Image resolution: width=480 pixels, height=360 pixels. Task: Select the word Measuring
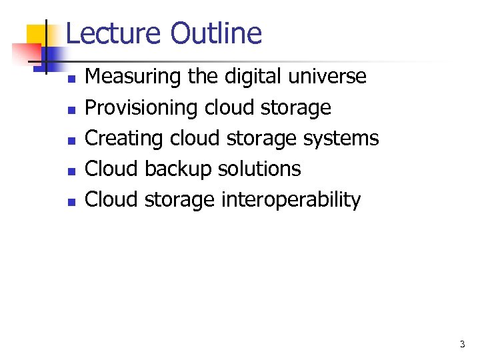click(133, 77)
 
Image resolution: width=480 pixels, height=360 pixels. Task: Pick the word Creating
click(125, 139)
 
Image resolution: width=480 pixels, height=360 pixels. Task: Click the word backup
click(173, 169)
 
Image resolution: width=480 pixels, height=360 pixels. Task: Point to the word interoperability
click(290, 200)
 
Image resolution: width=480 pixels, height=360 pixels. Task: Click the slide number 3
click(462, 345)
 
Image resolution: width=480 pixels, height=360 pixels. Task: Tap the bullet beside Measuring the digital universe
click(71, 79)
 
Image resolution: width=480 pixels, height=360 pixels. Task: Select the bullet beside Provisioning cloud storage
click(71, 109)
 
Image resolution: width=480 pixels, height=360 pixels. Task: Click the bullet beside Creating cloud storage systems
click(71, 140)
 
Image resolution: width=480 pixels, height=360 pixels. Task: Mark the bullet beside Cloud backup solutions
click(71, 171)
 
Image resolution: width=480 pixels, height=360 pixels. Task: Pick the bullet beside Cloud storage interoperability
click(71, 201)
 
